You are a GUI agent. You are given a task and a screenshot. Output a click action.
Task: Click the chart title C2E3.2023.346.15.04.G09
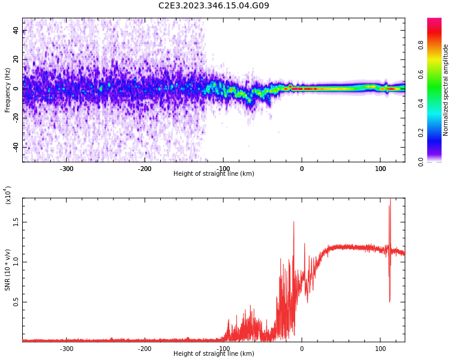pyautogui.click(x=214, y=6)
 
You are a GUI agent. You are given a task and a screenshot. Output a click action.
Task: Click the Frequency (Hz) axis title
pyautogui.click(x=8, y=90)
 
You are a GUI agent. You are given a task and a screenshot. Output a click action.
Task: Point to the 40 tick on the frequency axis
pyautogui.click(x=16, y=31)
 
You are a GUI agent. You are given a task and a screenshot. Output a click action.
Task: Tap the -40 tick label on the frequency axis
pyautogui.click(x=16, y=147)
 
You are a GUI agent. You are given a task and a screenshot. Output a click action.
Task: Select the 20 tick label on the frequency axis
pyautogui.click(x=16, y=59)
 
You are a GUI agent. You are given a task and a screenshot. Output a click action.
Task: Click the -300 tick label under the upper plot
pyautogui.click(x=66, y=169)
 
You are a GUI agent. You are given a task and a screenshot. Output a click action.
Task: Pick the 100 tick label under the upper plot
pyautogui.click(x=380, y=169)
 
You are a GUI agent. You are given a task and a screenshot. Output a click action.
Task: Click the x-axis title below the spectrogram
pyautogui.click(x=214, y=174)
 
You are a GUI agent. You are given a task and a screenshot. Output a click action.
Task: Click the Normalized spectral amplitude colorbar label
pyautogui.click(x=446, y=90)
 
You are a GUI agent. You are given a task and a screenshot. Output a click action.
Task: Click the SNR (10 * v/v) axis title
pyautogui.click(x=8, y=269)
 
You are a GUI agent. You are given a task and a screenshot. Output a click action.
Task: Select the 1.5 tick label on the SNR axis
pyautogui.click(x=16, y=221)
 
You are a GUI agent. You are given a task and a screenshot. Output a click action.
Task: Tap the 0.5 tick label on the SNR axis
pyautogui.click(x=16, y=302)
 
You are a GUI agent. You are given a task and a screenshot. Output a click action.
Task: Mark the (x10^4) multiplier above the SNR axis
pyautogui.click(x=8, y=195)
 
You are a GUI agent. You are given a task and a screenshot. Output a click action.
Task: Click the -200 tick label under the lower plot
pyautogui.click(x=145, y=349)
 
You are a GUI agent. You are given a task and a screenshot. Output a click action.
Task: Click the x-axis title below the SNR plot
pyautogui.click(x=214, y=354)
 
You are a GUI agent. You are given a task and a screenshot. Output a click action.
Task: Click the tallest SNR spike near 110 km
pyautogui.click(x=390, y=200)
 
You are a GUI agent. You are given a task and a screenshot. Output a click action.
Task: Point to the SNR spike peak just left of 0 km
pyautogui.click(x=294, y=222)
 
